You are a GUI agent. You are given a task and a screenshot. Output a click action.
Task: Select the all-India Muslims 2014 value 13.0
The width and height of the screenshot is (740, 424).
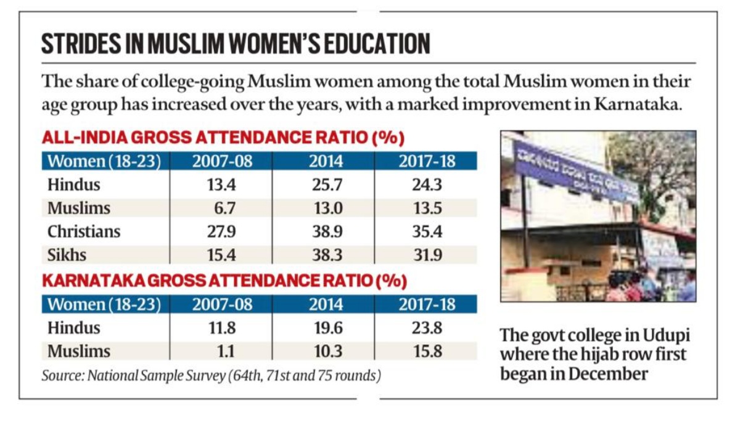coord(326,207)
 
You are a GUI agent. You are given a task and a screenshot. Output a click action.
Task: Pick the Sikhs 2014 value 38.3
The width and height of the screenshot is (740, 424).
coord(326,254)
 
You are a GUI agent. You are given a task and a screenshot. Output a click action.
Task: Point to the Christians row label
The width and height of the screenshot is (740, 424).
coord(84,231)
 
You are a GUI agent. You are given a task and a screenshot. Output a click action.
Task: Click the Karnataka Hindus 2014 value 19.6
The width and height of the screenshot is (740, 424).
coord(326,327)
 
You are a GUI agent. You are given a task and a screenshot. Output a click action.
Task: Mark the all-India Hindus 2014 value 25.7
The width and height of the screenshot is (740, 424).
coord(326,184)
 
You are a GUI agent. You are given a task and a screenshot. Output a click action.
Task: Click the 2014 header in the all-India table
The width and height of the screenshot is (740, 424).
coord(326,162)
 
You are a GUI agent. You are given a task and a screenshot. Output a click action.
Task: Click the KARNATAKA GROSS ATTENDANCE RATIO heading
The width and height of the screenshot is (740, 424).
coord(224,281)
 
